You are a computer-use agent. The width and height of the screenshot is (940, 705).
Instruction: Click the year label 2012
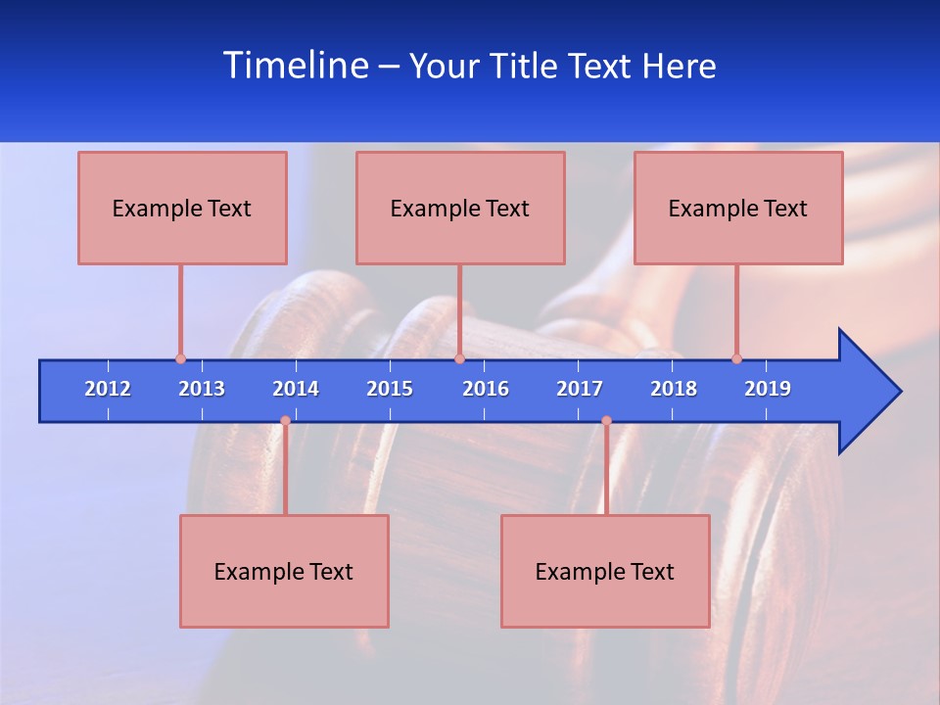click(108, 389)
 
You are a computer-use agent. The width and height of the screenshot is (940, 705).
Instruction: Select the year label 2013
click(202, 389)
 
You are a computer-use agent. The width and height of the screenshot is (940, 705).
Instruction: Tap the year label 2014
click(296, 389)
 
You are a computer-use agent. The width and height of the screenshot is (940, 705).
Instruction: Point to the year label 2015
click(390, 389)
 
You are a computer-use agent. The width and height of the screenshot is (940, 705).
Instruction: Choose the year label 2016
click(486, 389)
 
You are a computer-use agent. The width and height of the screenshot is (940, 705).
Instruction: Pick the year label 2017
click(580, 389)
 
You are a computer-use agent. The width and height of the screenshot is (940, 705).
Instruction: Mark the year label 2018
click(674, 389)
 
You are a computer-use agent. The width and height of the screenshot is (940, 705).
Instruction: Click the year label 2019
click(768, 389)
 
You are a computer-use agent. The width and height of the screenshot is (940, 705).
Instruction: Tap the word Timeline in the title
click(296, 66)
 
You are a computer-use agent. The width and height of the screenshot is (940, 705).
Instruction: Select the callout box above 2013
click(182, 208)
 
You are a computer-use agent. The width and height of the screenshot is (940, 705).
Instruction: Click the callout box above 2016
click(460, 208)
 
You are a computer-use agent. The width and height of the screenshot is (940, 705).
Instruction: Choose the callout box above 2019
click(738, 208)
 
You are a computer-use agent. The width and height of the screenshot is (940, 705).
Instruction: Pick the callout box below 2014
click(284, 571)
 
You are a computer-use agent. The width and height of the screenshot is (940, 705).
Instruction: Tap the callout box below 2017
click(605, 571)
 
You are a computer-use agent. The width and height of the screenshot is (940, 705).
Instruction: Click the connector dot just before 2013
click(180, 359)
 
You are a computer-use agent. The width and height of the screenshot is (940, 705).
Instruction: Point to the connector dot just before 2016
click(459, 359)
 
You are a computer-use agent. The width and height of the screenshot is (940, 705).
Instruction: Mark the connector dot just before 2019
click(736, 359)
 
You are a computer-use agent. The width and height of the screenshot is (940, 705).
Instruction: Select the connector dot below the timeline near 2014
click(285, 421)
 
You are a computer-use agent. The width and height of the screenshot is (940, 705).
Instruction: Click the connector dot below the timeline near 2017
click(606, 421)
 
